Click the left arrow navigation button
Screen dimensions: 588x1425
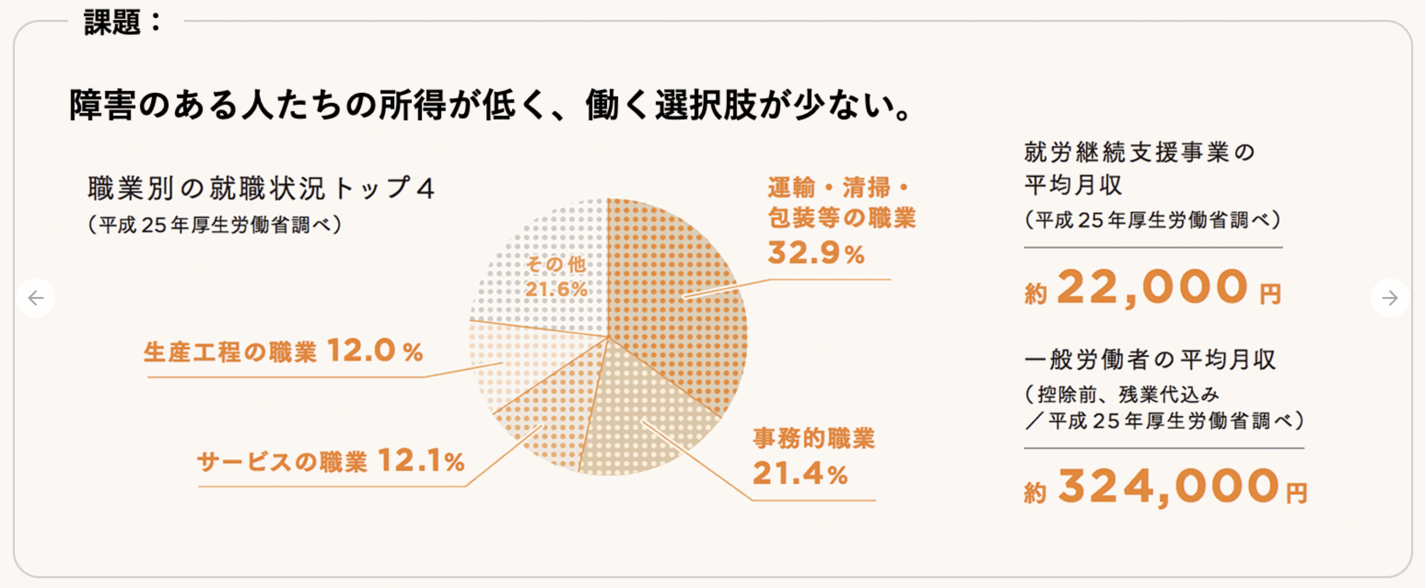coord(36,298)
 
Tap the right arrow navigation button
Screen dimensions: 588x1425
coord(1389,298)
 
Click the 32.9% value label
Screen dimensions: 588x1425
coord(816,253)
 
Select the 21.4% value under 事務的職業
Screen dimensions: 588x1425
coord(800,474)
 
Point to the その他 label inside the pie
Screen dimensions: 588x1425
coord(556,264)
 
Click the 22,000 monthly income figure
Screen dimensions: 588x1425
coord(1153,288)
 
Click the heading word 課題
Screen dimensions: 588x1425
coord(112,23)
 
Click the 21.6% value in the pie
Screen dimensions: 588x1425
coord(556,289)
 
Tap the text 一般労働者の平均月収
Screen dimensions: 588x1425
coord(1150,359)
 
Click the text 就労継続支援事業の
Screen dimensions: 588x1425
coord(1140,152)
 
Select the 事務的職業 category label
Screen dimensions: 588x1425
coord(814,439)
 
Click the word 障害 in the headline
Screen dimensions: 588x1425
coord(102,105)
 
